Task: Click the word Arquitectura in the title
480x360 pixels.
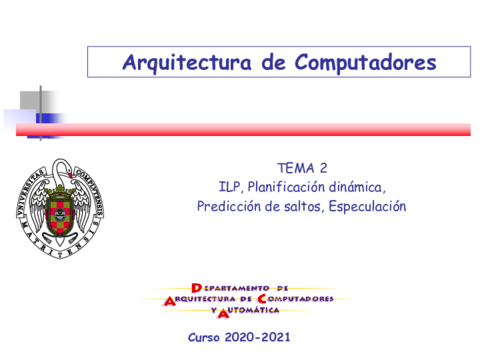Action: [176, 62]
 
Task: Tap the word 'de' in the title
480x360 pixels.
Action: [267, 62]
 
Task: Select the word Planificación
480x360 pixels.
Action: [289, 186]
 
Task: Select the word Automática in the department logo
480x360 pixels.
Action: [253, 311]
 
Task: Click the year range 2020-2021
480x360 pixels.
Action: [259, 337]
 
